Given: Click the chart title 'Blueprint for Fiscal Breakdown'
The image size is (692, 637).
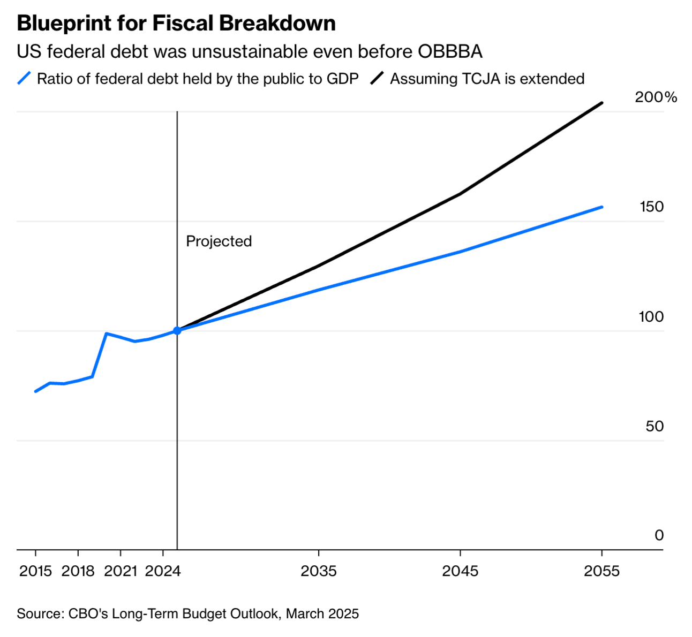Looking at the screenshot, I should [176, 24].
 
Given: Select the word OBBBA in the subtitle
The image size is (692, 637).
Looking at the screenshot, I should [450, 51].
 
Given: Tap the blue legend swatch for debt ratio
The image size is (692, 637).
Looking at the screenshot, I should [25, 79].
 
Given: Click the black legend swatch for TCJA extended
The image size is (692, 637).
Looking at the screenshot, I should [378, 79].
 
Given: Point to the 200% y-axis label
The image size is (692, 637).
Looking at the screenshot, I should [656, 97].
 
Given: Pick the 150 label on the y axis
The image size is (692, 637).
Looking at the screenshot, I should [651, 207].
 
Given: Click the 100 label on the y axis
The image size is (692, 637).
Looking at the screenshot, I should [651, 316].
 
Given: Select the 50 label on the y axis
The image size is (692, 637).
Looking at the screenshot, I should [655, 426].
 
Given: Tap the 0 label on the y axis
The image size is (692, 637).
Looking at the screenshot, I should [659, 535].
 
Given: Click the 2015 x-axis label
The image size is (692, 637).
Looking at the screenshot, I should [35, 571].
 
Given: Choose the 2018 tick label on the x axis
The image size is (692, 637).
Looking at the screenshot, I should [78, 571].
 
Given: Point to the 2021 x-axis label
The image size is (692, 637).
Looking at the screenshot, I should [121, 571].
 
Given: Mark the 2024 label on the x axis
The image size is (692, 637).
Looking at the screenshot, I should [163, 571].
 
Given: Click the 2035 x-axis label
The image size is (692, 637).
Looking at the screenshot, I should [319, 571].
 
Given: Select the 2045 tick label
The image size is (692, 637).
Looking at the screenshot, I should [460, 571].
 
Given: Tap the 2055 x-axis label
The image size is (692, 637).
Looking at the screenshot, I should [601, 571].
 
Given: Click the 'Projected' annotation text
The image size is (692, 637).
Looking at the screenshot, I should [219, 241].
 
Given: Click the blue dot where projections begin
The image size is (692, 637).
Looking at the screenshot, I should [177, 330].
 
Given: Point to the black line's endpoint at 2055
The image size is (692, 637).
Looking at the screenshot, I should [602, 103].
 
